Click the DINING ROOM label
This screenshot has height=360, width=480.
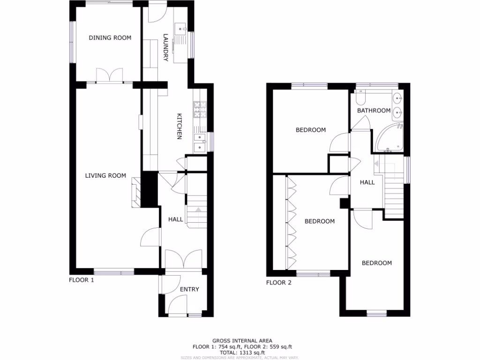pos(110,38)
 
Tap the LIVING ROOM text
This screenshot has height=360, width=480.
pos(105,176)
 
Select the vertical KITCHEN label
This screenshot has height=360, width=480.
pos(179,127)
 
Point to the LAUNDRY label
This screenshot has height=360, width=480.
pos(165,47)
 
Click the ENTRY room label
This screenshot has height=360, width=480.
pos(189,289)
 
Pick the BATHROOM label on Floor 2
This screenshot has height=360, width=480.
pos(374,111)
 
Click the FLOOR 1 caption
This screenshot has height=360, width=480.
pos(82,280)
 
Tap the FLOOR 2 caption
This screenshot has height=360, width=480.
pos(278,283)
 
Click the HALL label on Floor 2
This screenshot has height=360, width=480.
pos(367,182)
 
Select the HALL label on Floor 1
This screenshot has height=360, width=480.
pos(175,219)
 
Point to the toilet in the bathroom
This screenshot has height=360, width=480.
pos(360,97)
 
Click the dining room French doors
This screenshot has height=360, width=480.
pos(109,76)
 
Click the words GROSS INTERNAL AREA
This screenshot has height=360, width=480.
pos(242,341)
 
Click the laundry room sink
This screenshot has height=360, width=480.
pos(180,29)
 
